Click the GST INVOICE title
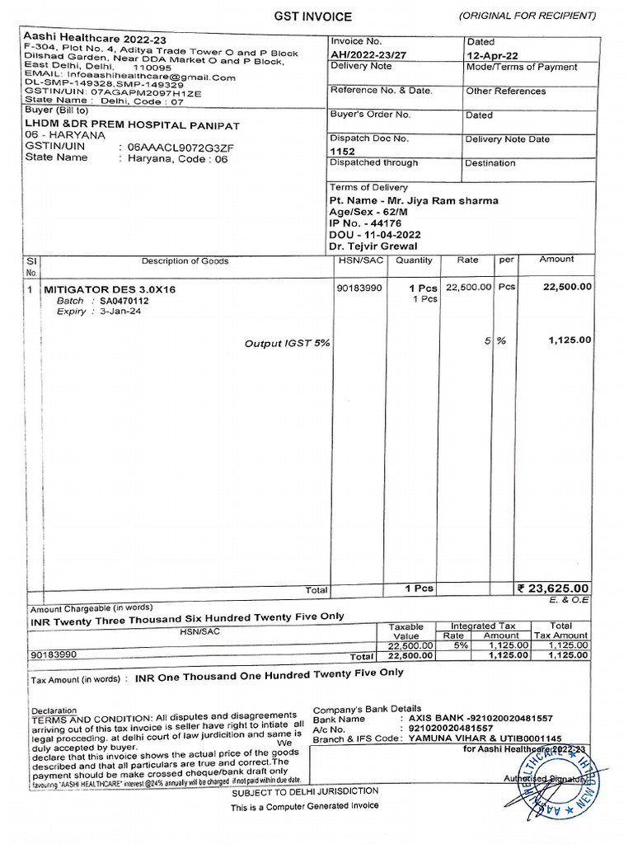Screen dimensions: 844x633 (312, 16)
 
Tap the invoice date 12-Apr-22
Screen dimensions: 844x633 (492, 54)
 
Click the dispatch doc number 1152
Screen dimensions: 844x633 (342, 152)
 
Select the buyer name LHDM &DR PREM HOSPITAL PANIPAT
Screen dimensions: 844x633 (133, 124)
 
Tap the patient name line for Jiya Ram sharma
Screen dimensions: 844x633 (414, 200)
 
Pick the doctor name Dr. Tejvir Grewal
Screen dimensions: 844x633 (373, 246)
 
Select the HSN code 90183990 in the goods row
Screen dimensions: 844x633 (359, 288)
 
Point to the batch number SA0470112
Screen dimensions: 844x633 (124, 302)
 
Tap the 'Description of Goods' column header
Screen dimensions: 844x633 (185, 261)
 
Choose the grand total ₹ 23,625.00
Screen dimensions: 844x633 (553, 588)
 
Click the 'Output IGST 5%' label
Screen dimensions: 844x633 (287, 343)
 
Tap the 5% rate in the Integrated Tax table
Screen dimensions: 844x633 (453, 645)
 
